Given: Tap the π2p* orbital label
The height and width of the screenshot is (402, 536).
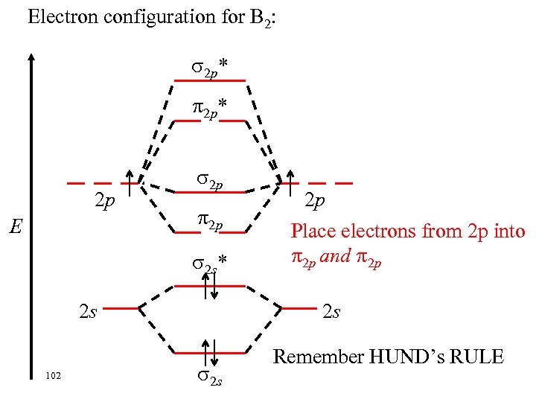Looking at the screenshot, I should [209, 109].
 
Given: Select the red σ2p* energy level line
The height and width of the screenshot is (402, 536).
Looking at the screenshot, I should [209, 80].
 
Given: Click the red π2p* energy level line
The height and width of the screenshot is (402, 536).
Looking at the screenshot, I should [209, 121].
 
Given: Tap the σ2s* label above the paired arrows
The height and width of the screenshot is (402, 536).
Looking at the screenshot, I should [209, 262].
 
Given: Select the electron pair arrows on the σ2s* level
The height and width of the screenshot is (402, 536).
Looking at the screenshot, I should [210, 286].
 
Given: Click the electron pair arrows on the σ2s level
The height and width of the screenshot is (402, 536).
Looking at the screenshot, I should [210, 352].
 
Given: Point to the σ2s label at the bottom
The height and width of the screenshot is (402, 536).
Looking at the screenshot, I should [208, 379].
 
